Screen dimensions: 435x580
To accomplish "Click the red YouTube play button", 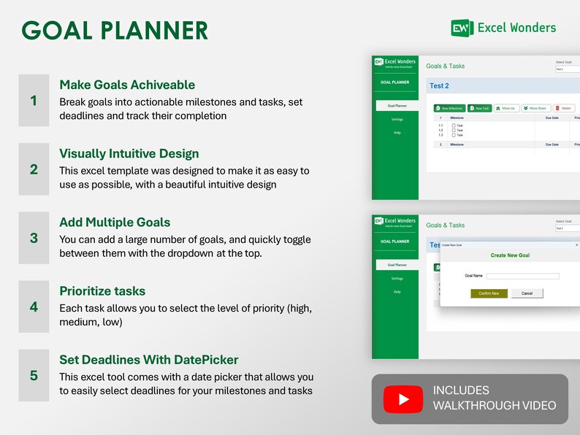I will tap(402, 399).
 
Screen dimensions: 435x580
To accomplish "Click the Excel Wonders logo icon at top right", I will tap(462, 28).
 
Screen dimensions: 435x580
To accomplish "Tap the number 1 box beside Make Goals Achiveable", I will tap(34, 101).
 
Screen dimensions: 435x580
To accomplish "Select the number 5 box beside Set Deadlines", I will tap(34, 376).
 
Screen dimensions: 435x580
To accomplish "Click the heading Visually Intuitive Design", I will tap(129, 154).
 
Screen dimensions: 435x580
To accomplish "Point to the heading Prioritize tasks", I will tap(102, 291).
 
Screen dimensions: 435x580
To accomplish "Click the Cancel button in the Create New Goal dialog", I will tap(527, 293).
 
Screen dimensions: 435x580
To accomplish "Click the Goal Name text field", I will tap(522, 276).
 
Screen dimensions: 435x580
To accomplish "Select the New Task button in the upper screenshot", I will tap(480, 108).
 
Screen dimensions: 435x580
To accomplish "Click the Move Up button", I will tap(505, 108).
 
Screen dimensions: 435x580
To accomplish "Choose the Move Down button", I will tap(535, 108).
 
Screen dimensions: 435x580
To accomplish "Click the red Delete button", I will tap(564, 108).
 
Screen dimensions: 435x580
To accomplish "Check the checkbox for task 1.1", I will tap(454, 126).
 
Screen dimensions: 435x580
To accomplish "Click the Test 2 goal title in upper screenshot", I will tap(440, 86).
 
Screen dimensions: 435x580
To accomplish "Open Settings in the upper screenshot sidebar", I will tap(397, 119).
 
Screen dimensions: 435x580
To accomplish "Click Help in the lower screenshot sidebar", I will tap(397, 291).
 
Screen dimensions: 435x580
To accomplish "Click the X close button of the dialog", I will tap(576, 245).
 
